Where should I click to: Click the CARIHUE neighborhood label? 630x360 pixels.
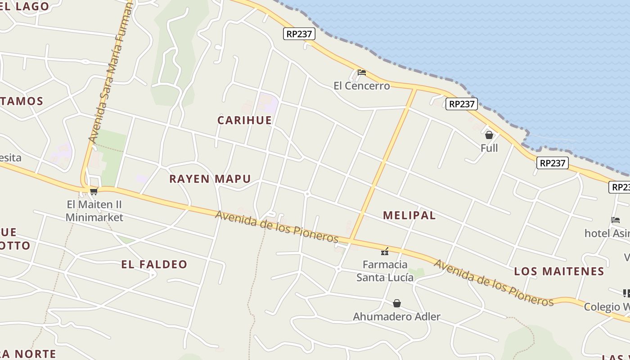244,120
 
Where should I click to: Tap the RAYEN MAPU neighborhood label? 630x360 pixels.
210,179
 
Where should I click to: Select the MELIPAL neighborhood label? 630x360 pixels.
409,215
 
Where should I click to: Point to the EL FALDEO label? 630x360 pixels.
154,264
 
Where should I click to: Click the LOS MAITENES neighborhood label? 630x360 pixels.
559,271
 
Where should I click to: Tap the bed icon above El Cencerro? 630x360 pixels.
361,72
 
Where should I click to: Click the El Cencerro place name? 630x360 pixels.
361,85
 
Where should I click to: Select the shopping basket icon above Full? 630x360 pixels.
489,135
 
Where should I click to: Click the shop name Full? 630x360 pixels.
489,148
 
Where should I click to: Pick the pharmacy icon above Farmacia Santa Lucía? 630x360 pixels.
385,251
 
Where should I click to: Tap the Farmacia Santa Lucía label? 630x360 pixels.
385,271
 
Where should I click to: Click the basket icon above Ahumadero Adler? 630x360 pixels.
396,303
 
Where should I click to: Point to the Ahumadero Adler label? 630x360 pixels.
396,316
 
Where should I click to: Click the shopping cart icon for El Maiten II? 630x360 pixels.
94,192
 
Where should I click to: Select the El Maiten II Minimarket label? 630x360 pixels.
94,211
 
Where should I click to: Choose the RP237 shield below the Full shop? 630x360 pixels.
552,163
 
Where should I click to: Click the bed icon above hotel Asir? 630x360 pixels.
616,220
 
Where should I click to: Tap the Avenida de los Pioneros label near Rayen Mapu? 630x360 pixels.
276,226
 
